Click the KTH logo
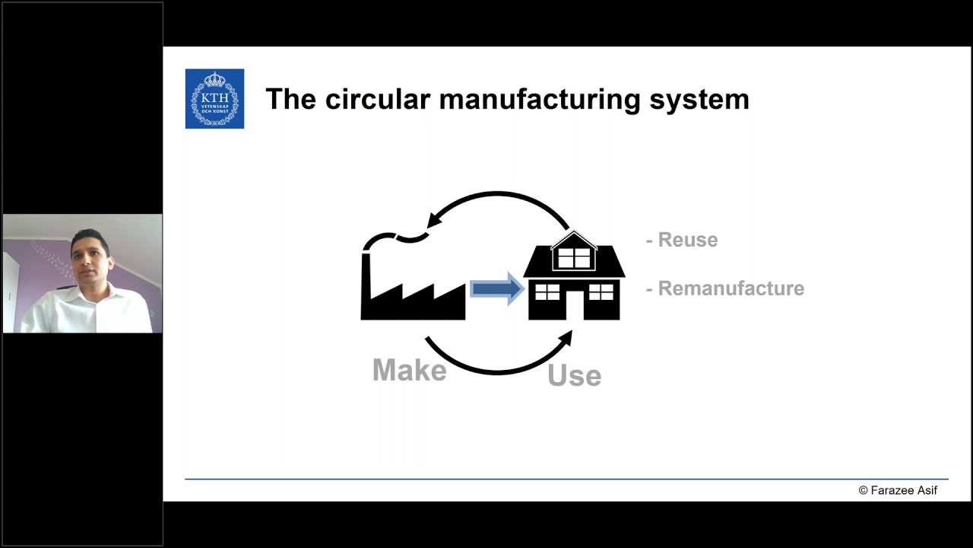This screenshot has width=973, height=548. pyautogui.click(x=214, y=99)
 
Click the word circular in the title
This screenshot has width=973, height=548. pyautogui.click(x=377, y=99)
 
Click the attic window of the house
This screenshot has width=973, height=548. pyautogui.click(x=574, y=256)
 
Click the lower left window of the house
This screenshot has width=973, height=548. pyautogui.click(x=547, y=292)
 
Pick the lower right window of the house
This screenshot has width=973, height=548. pyautogui.click(x=601, y=292)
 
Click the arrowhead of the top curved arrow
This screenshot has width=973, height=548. pyautogui.click(x=434, y=220)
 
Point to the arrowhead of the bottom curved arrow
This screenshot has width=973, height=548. pyautogui.click(x=566, y=338)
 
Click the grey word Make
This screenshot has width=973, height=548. pyautogui.click(x=409, y=371)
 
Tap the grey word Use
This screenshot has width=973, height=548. pyautogui.click(x=574, y=375)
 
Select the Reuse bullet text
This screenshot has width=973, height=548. pyautogui.click(x=683, y=240)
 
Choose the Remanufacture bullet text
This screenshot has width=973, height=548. pyautogui.click(x=725, y=288)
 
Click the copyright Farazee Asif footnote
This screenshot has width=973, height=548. pyautogui.click(x=898, y=490)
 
